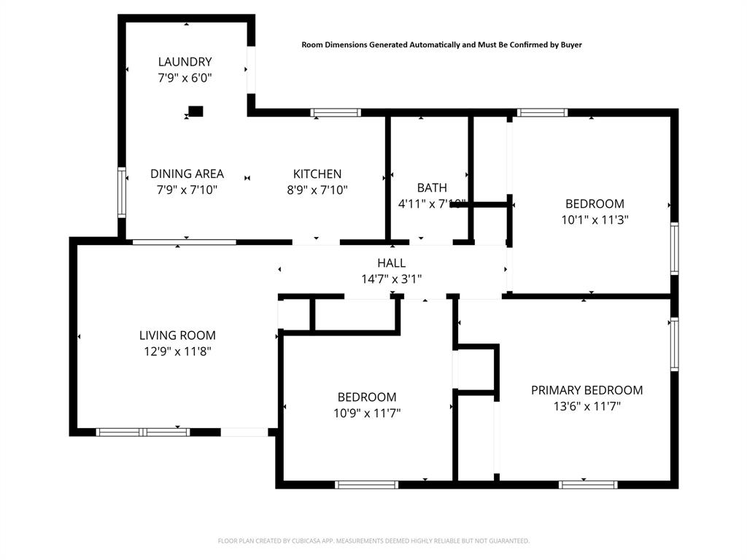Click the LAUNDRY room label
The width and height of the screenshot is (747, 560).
(x=185, y=62)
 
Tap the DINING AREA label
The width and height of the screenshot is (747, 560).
(x=187, y=174)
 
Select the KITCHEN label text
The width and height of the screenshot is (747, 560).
(x=317, y=174)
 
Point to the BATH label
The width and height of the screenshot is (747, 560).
(x=432, y=188)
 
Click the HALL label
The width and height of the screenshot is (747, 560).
(x=391, y=263)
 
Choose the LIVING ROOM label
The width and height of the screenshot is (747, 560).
(x=177, y=335)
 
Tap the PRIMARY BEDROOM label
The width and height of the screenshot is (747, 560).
(x=587, y=390)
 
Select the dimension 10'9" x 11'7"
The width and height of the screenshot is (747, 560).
(x=367, y=413)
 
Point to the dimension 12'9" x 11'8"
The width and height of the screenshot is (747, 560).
(x=177, y=351)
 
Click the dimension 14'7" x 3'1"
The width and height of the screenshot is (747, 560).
(x=391, y=279)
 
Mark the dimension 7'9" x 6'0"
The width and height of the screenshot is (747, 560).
(x=185, y=77)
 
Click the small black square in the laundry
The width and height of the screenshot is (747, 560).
(x=196, y=112)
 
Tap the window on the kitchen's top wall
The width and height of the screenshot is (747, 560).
(x=336, y=113)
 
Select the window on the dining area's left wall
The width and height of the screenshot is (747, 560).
(x=122, y=192)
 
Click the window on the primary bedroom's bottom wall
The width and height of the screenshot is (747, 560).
(x=588, y=484)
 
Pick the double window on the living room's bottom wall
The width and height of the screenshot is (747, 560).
(x=144, y=432)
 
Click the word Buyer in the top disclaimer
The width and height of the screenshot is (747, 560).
(x=570, y=44)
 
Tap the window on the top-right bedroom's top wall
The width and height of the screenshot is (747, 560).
(x=542, y=113)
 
